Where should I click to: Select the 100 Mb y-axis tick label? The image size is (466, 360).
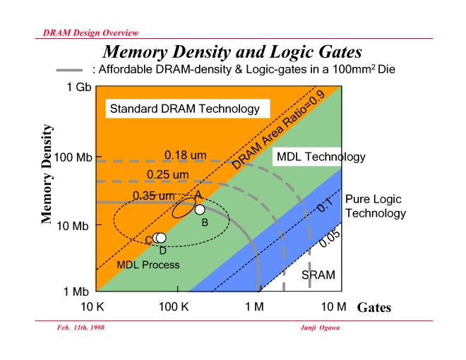pyautogui.click(x=70, y=157)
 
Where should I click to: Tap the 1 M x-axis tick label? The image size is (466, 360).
pyautogui.click(x=258, y=308)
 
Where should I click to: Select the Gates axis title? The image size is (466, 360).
pyautogui.click(x=374, y=308)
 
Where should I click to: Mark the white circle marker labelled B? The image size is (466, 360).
pyautogui.click(x=200, y=210)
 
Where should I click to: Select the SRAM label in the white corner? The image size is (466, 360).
pyautogui.click(x=318, y=275)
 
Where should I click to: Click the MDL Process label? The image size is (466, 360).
pyautogui.click(x=149, y=265)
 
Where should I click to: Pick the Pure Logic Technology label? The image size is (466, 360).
pyautogui.click(x=375, y=206)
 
